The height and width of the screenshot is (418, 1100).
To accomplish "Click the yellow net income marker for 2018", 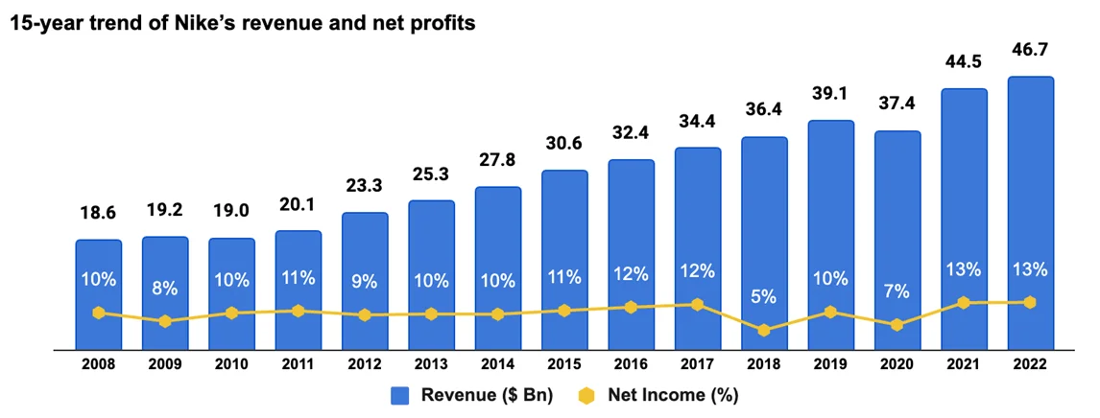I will (x=764, y=330).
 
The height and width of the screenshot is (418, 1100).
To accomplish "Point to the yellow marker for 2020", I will (x=897, y=325).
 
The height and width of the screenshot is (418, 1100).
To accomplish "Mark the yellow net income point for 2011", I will (x=298, y=311).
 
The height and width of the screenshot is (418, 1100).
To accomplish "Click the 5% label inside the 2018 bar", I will (x=764, y=297).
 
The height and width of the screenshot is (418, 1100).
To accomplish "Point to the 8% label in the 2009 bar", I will (x=165, y=288).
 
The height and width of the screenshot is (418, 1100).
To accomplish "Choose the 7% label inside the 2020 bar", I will (x=897, y=290).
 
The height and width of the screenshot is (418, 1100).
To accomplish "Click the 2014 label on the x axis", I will (x=497, y=364).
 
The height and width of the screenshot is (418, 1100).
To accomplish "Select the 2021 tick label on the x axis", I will (x=964, y=364).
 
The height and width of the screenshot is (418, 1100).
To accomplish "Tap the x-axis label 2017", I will (x=698, y=364).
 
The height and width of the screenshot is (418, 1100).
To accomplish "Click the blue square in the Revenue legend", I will (x=401, y=394).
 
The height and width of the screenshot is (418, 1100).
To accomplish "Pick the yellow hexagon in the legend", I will (x=587, y=394).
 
